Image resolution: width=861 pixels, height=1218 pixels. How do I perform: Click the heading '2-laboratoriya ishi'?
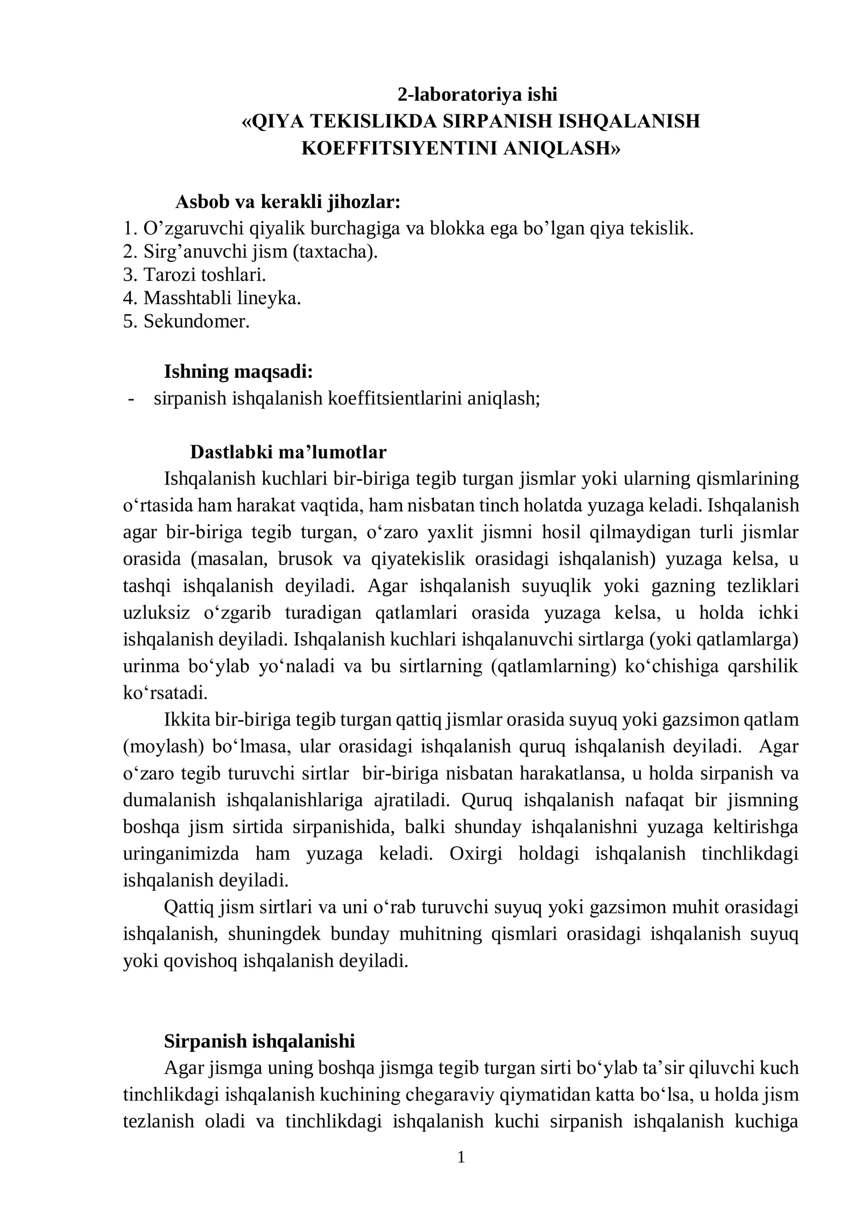coord(477,94)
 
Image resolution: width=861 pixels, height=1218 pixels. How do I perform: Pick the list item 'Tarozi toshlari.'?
coord(195,275)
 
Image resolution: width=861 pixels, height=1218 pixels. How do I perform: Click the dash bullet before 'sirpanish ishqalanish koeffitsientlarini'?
coord(131,399)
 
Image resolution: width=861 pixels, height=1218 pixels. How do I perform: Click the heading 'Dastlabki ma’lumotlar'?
coord(288,452)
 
